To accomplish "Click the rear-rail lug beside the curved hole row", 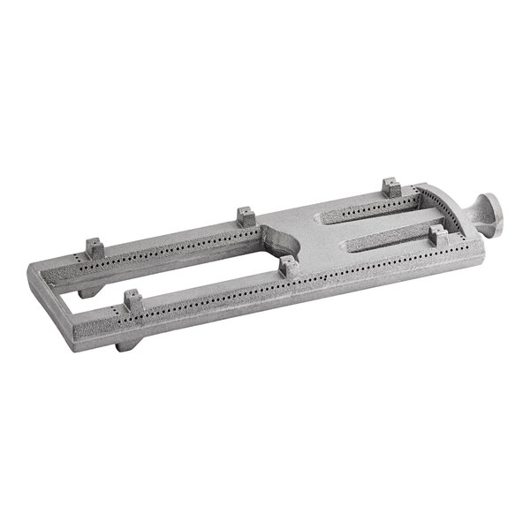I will coord(390,187).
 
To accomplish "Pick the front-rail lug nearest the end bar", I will coord(132,300).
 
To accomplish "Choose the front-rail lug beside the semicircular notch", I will coord(287,264).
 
